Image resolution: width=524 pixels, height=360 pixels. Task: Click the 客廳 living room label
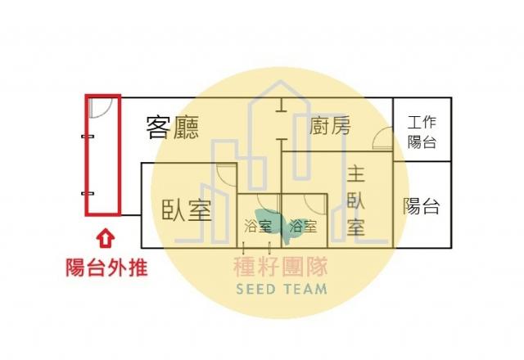(173, 128)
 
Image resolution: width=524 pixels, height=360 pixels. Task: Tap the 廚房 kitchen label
(330, 125)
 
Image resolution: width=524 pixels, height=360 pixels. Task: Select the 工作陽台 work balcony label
(422, 132)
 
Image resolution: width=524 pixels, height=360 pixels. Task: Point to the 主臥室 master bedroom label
(355, 201)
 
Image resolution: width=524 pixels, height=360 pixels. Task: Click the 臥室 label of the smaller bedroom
(187, 210)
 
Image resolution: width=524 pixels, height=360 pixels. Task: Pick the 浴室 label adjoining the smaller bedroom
(257, 226)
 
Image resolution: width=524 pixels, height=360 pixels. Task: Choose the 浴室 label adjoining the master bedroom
(302, 226)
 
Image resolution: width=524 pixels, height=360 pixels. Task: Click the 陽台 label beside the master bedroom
(421, 206)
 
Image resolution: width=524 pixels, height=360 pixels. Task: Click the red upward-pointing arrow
(106, 238)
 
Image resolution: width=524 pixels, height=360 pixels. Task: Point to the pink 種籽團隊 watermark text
(280, 268)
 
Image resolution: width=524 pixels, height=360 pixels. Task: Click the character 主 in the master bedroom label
(355, 174)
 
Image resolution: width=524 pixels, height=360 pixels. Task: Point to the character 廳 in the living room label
(186, 128)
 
